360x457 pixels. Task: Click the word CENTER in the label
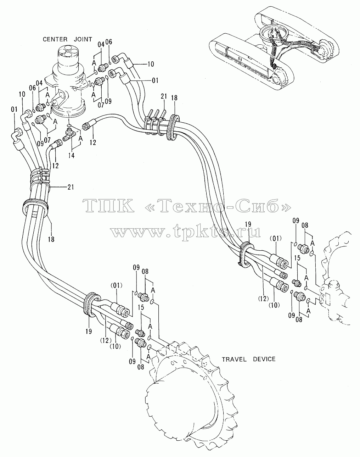pyautogui.click(x=55, y=39)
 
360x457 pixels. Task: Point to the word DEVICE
pyautogui.click(x=264, y=359)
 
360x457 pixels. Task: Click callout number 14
pyautogui.click(x=71, y=155)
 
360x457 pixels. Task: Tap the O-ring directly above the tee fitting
pyautogui.click(x=69, y=126)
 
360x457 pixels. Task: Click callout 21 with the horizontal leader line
pyautogui.click(x=71, y=187)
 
